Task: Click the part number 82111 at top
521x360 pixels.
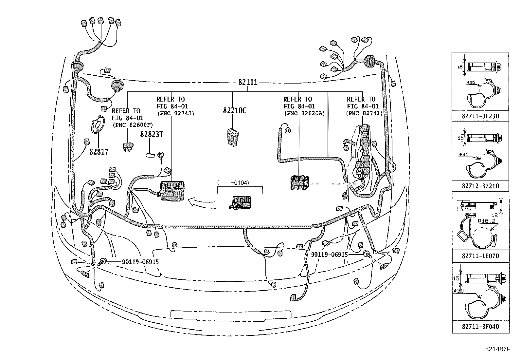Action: click(247, 82)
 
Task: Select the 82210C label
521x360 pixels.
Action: click(234, 111)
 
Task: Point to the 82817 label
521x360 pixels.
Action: click(99, 152)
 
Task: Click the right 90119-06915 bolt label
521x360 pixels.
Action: click(329, 254)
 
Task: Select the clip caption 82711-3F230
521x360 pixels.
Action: click(480, 116)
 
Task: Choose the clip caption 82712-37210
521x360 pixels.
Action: click(480, 186)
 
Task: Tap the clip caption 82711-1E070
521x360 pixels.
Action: click(480, 256)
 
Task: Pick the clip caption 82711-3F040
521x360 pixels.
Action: click(480, 327)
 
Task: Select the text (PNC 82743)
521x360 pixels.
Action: click(175, 113)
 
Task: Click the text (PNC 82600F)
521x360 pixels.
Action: click(132, 125)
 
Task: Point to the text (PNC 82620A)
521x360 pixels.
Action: click(304, 113)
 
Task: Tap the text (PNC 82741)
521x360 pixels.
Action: click(364, 113)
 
